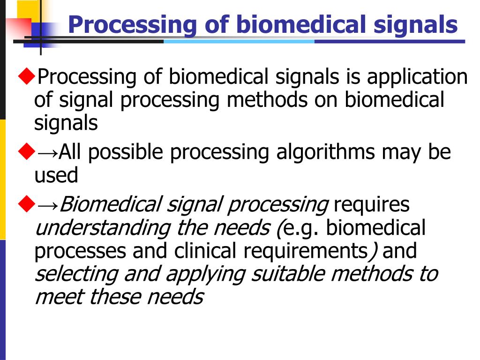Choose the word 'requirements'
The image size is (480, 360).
[x=305, y=252]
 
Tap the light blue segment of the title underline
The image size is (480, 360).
[x=239, y=41]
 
